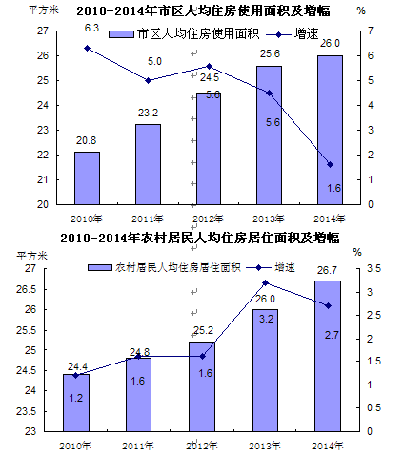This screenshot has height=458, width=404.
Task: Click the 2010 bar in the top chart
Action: tap(87, 178)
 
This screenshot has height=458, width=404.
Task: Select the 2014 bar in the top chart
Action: tap(330, 130)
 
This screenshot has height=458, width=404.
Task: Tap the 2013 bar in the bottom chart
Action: tap(266, 370)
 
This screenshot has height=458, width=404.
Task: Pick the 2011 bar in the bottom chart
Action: tap(138, 395)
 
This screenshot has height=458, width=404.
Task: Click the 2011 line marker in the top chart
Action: tap(148, 80)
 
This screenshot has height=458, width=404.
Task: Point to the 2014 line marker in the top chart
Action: tap(331, 165)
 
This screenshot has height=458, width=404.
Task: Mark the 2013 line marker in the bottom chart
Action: tap(266, 282)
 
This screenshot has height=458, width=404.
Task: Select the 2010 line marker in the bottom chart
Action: tap(75, 376)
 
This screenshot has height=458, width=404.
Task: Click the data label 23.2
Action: tap(148, 113)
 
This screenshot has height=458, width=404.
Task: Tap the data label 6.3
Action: tap(91, 28)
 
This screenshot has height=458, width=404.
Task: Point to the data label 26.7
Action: tap(327, 270)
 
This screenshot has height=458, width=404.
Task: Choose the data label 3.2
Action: tap(266, 319)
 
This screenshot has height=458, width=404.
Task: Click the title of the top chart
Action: tap(203, 10)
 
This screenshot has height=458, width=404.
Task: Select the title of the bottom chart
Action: tap(200, 238)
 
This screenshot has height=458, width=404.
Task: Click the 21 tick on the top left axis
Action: tap(43, 179)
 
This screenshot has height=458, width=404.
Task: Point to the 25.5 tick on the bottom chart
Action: tap(27, 330)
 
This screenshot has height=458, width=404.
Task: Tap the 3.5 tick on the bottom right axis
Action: tap(374, 269)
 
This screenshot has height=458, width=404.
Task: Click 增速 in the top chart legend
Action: tap(306, 33)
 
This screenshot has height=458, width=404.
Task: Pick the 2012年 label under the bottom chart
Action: tap(201, 446)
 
